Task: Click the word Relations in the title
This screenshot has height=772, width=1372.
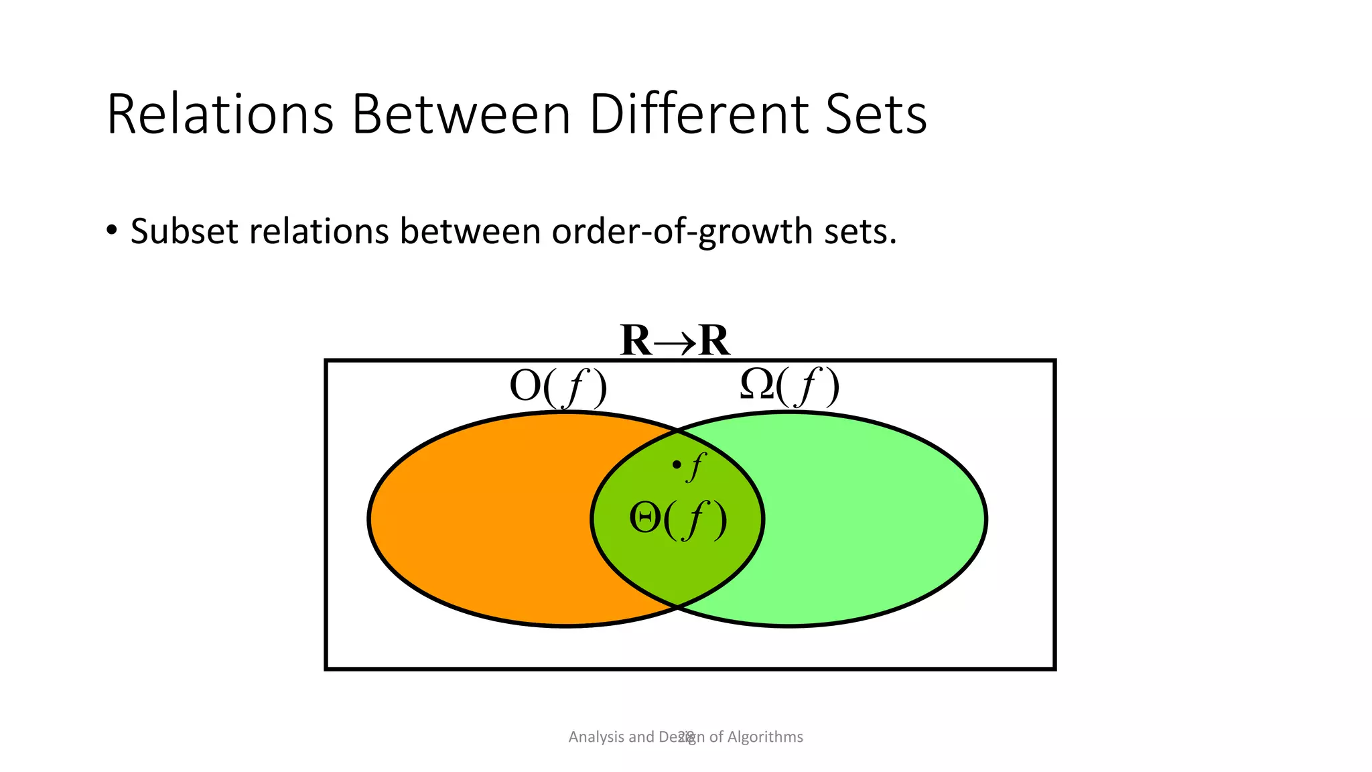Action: point(220,115)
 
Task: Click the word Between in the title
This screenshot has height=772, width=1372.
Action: point(462,115)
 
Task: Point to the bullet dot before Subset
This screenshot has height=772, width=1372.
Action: point(112,231)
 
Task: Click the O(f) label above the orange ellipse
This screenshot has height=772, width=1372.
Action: point(558,387)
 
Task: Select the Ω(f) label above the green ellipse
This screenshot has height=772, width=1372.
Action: point(789,387)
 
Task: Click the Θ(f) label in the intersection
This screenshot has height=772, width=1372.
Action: point(677,520)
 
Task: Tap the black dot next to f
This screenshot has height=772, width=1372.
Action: point(677,464)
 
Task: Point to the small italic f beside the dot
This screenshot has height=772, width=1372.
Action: point(696,466)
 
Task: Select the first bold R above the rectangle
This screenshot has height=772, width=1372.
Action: point(636,340)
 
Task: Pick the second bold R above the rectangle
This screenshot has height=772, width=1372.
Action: point(713,340)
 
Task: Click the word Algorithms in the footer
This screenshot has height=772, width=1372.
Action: point(765,737)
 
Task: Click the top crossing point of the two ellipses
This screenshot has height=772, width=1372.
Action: point(677,430)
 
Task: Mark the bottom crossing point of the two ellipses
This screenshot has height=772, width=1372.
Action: point(677,607)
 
